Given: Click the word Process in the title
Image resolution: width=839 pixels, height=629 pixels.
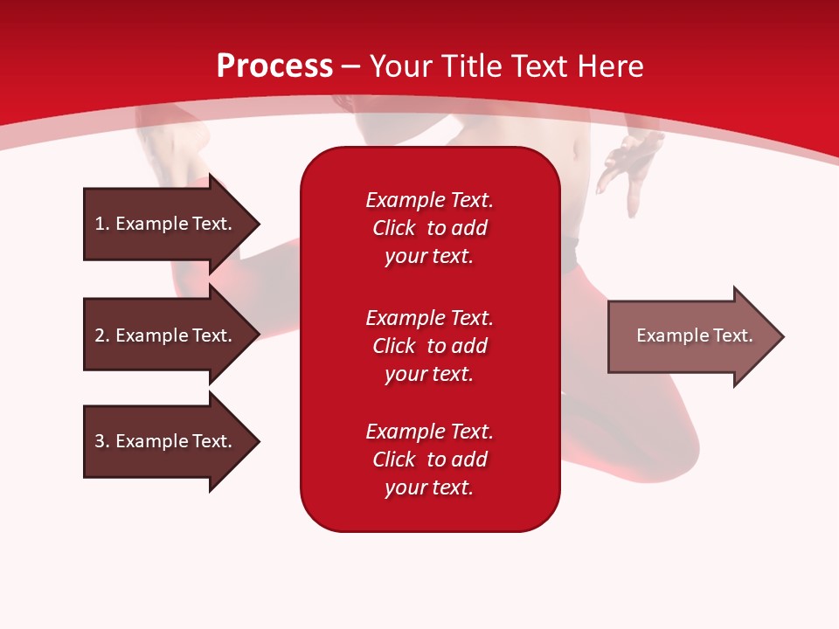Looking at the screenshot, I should (x=274, y=66).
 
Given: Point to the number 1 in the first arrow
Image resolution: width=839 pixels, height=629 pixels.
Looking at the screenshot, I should (x=100, y=224).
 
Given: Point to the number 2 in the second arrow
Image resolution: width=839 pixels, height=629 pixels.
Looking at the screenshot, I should (x=100, y=335).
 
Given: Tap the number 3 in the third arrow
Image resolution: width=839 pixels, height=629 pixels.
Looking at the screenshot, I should (x=100, y=441).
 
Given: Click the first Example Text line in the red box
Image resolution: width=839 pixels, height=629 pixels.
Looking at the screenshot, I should (x=429, y=200).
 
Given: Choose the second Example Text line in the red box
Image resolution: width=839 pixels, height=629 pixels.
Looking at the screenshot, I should (x=429, y=317).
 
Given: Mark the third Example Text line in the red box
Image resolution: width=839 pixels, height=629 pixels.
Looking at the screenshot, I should (x=429, y=432).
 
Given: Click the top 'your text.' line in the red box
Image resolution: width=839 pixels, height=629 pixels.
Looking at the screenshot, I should (x=429, y=257).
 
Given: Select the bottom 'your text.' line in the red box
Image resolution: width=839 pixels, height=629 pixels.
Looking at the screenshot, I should (x=429, y=488).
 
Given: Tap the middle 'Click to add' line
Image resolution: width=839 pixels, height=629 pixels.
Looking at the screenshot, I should (x=429, y=346).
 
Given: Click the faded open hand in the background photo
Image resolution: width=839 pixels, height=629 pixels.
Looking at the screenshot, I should (x=631, y=162).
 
